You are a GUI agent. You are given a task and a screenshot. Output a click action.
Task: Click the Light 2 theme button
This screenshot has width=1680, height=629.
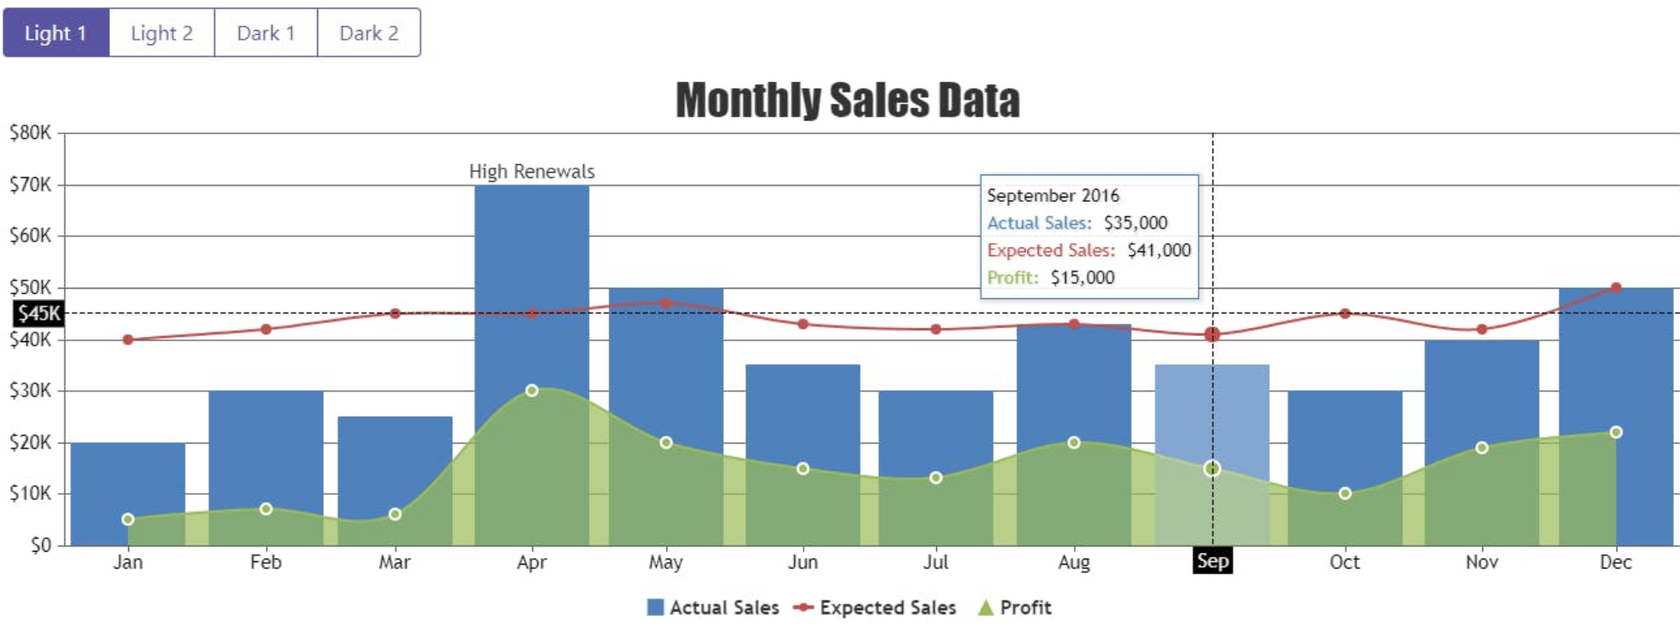click(x=162, y=33)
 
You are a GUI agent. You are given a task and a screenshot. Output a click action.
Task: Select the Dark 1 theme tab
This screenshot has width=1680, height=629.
click(x=266, y=33)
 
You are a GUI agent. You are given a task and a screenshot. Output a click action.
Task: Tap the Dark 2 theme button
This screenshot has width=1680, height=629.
click(x=369, y=33)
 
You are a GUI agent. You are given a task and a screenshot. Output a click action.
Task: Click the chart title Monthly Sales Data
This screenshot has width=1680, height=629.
click(x=847, y=100)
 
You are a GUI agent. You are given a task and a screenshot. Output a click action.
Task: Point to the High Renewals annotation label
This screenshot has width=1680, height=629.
click(x=531, y=171)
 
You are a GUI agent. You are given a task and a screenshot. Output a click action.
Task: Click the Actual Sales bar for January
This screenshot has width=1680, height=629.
click(x=127, y=481)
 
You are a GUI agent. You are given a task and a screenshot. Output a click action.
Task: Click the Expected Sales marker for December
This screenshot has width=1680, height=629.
click(x=1616, y=288)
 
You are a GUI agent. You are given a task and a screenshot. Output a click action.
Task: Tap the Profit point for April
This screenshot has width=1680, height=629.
click(x=531, y=390)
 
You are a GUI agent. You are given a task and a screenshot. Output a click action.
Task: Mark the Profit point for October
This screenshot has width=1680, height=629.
click(x=1345, y=493)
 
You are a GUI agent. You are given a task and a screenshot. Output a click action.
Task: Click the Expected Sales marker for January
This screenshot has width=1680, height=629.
click(x=128, y=339)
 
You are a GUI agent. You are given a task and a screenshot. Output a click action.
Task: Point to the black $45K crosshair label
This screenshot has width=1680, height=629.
click(x=39, y=313)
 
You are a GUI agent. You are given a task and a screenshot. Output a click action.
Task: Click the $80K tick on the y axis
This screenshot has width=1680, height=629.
click(x=30, y=132)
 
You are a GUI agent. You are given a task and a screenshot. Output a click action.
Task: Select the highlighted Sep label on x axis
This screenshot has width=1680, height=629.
click(x=1212, y=561)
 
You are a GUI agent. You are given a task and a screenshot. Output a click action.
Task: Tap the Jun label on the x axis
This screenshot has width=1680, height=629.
click(x=802, y=562)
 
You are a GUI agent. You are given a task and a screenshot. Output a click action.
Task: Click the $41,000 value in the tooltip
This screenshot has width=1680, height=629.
click(x=1158, y=250)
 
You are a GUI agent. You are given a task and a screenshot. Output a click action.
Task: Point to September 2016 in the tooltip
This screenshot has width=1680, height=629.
click(x=1052, y=195)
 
